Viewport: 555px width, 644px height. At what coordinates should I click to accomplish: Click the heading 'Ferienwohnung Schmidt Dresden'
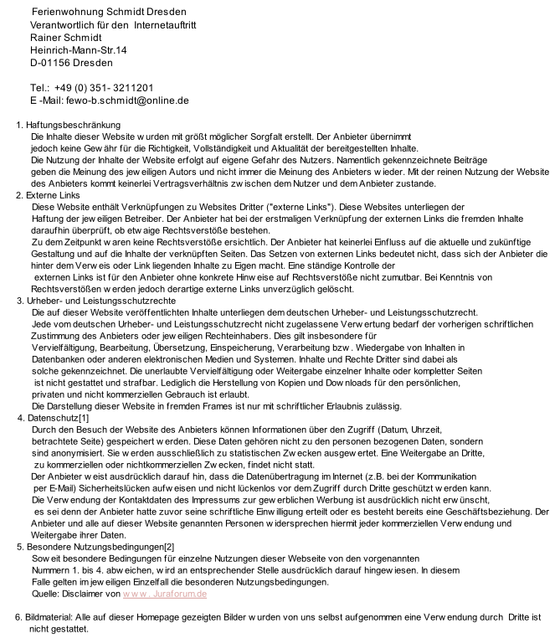[x=109, y=13]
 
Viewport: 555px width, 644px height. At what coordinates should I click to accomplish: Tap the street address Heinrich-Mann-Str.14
[x=78, y=50]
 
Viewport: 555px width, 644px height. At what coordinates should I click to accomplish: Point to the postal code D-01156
[x=50, y=63]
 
